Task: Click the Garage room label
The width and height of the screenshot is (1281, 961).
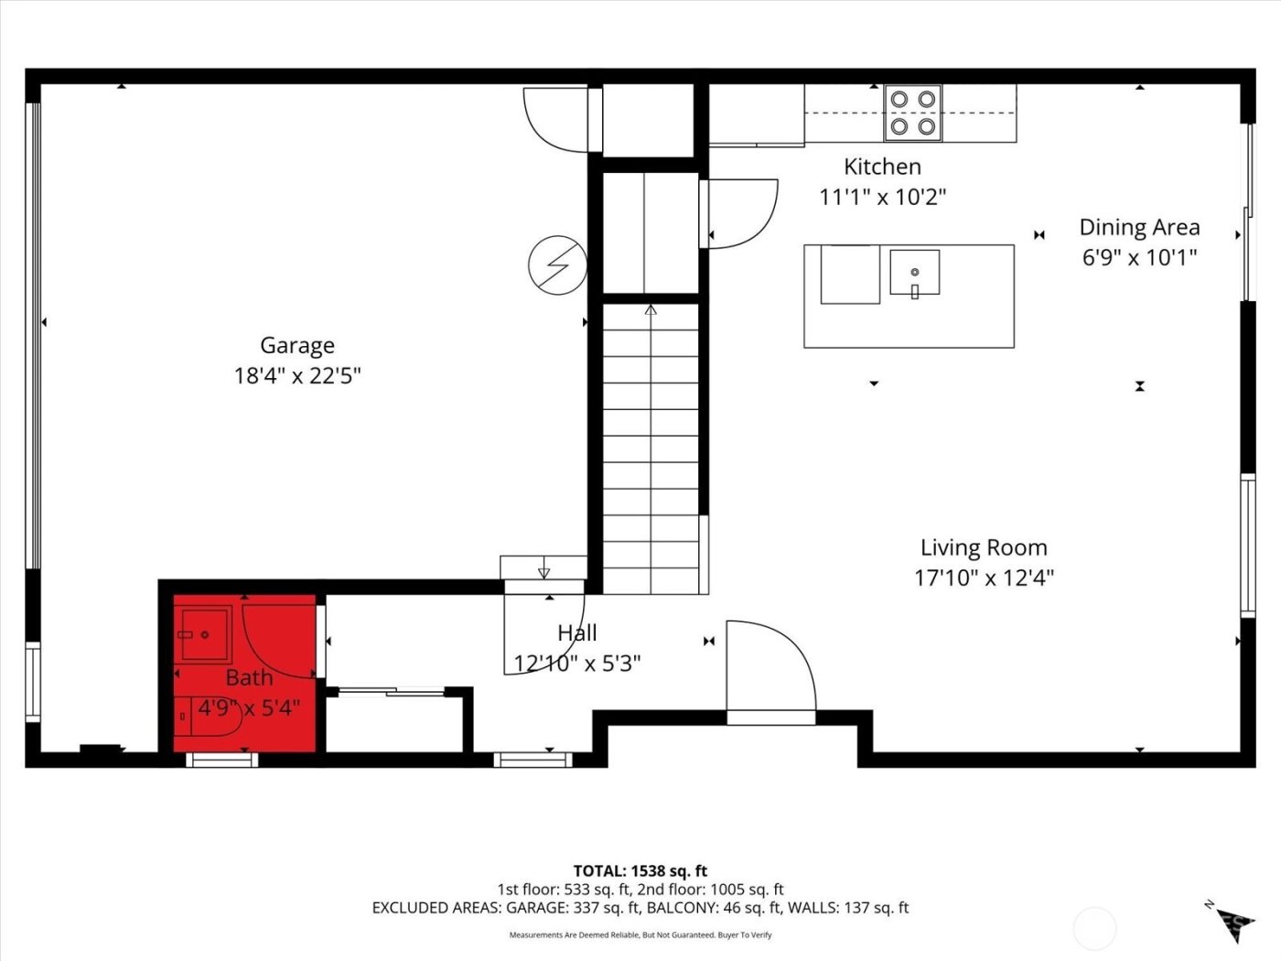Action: click(296, 345)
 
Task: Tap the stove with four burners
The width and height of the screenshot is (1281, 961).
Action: click(912, 113)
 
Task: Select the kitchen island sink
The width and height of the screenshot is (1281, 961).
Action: click(914, 273)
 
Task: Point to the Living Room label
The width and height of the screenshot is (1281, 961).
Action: click(984, 547)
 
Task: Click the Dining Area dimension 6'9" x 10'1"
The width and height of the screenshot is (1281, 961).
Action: click(1139, 257)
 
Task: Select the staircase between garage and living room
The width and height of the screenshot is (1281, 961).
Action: click(650, 448)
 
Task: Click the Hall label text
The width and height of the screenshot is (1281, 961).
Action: click(577, 632)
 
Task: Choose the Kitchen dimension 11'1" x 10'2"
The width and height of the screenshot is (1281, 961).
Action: click(882, 197)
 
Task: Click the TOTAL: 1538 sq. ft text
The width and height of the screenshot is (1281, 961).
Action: click(640, 870)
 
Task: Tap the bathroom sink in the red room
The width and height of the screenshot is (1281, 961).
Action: click(205, 633)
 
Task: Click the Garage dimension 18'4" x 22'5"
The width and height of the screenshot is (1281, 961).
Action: click(297, 375)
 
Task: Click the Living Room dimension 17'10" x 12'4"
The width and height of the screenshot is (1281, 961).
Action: click(984, 578)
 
